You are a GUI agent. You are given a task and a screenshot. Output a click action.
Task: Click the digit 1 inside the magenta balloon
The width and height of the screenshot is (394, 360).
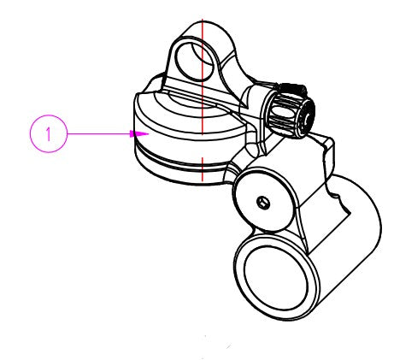49,133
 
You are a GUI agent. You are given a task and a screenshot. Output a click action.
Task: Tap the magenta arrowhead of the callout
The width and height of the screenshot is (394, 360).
139,133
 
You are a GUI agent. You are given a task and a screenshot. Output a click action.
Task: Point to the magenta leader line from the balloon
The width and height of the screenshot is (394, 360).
98,133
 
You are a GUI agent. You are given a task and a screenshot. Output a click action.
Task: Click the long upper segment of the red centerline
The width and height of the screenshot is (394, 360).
203,76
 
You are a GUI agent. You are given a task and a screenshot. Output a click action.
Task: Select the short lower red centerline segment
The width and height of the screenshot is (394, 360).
202,169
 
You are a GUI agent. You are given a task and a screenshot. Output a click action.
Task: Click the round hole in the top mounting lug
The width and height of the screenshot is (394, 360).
195,61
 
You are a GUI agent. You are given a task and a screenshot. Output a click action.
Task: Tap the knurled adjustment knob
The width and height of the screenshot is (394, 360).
291,111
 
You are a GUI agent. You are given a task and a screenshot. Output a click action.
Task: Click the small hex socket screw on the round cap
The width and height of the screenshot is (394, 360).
263,203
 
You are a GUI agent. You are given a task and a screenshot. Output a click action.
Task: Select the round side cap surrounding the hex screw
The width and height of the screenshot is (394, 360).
263,199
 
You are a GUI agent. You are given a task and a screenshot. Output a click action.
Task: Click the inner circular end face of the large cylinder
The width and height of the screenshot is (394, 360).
276,278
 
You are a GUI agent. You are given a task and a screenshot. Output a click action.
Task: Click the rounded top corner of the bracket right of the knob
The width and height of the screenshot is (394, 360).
329,140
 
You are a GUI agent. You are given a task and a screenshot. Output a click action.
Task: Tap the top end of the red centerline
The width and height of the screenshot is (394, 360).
203,19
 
